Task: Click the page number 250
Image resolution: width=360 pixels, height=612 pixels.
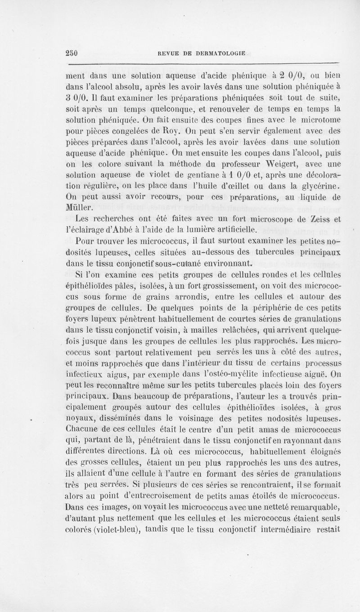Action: [72, 52]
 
